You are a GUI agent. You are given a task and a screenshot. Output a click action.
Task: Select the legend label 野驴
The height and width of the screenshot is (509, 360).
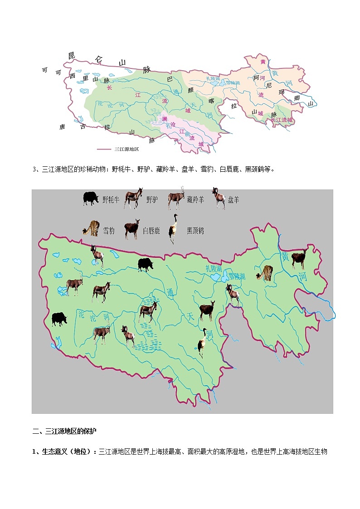(151, 199)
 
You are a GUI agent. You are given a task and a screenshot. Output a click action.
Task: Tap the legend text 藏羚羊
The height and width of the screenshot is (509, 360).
(195, 199)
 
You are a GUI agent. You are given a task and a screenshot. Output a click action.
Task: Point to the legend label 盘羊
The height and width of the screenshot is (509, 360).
(233, 199)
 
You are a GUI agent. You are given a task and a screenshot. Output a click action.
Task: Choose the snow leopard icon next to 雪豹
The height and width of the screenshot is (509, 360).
(91, 229)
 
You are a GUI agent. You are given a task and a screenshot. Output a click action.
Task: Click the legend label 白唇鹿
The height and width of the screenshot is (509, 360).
(151, 231)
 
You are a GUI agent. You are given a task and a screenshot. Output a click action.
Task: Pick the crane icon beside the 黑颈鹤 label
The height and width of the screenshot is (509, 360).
(173, 228)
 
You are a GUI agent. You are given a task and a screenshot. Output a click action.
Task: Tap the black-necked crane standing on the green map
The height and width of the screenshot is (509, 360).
(202, 343)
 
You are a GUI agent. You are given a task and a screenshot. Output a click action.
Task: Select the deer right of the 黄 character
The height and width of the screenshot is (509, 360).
(299, 259)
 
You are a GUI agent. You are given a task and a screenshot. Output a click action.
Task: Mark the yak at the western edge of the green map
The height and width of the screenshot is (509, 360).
(59, 319)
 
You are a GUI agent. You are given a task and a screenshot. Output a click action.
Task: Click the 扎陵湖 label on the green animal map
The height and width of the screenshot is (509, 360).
(214, 268)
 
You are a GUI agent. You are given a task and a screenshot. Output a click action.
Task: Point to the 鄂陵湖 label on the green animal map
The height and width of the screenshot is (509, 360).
(236, 276)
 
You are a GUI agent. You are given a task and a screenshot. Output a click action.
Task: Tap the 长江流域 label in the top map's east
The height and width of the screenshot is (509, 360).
(282, 120)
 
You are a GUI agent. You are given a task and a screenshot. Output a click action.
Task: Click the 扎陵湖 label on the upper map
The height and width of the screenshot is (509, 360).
(213, 79)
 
